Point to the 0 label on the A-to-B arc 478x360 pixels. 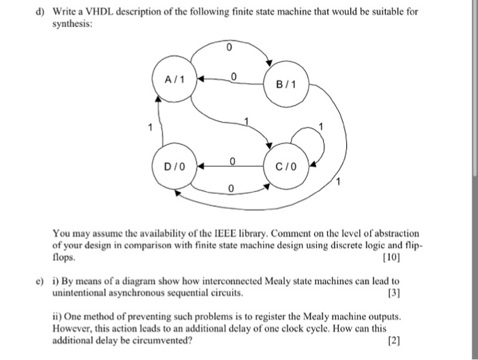coord(229,47)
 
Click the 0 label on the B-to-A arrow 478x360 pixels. coord(234,77)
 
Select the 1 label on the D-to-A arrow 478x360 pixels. coord(150,127)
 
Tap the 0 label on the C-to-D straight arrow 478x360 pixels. coord(232,161)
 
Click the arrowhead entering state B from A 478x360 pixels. coord(268,63)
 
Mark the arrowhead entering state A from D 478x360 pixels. coord(158,98)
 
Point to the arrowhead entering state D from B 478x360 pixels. coord(177,193)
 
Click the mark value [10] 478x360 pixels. coord(391,258)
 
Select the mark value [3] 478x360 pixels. coord(394,292)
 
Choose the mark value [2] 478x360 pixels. coord(394,340)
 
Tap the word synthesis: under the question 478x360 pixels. coord(72,24)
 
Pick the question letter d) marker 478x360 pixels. coord(40,12)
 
